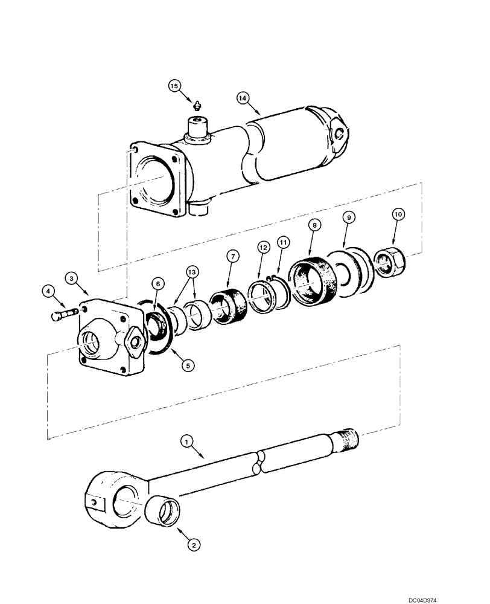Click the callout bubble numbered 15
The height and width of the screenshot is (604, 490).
click(x=174, y=86)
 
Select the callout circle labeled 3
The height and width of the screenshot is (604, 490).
click(x=71, y=278)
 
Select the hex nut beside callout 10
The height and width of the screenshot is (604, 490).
click(x=390, y=261)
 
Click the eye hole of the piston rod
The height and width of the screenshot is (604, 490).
click(x=126, y=500)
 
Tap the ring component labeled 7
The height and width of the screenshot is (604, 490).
click(x=229, y=307)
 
